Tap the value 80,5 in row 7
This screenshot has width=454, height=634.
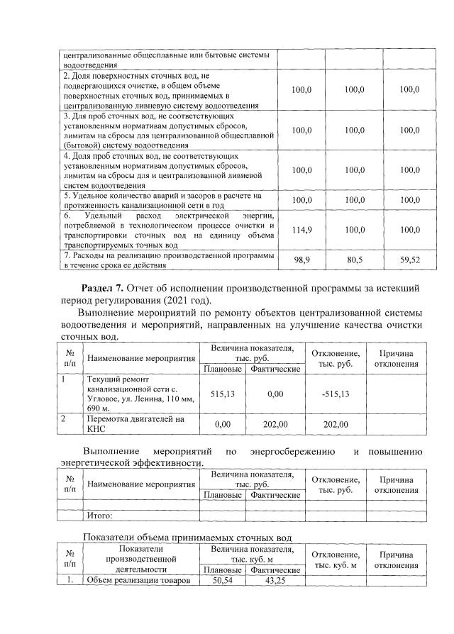pos(354,260)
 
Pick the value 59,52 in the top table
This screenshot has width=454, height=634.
pos(409,260)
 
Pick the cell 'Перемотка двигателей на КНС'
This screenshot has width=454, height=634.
pos(135,424)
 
